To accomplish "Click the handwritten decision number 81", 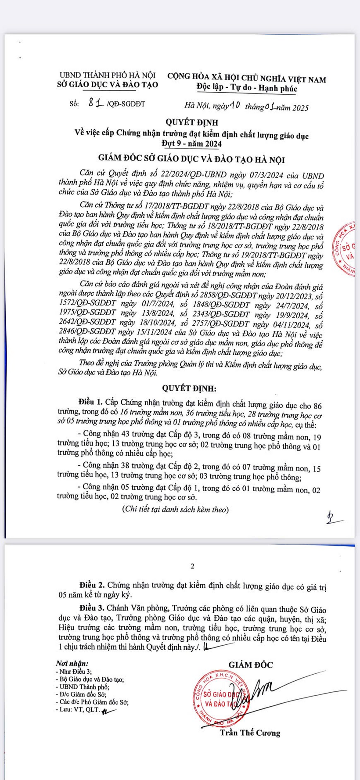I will (x=96, y=103).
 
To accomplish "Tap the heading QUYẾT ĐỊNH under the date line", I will (x=191, y=122).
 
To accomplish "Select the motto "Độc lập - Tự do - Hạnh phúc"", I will (x=247, y=88).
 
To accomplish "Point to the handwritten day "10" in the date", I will (x=233, y=106).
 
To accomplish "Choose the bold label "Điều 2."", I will (x=92, y=586).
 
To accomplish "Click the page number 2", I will (x=192, y=566).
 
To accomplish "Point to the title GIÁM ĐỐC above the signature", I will (x=250, y=665).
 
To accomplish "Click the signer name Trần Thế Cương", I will (x=250, y=733).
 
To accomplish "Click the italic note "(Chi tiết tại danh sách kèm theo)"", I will (x=169, y=510).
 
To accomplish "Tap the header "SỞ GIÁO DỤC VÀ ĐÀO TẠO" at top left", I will (x=108, y=85).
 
